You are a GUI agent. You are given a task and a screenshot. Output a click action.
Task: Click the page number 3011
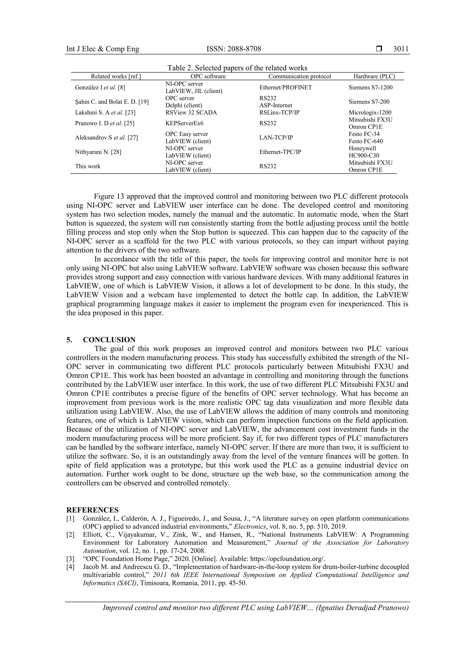click(401, 49)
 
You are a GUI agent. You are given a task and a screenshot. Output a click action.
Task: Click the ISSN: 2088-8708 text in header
click(234, 49)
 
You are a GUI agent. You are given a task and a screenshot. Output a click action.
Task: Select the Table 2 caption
click(237, 68)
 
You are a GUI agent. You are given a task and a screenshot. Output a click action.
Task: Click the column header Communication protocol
click(299, 76)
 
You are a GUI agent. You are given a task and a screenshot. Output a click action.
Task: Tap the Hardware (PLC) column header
click(374, 76)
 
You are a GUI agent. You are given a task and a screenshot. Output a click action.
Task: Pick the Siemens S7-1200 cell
click(370, 87)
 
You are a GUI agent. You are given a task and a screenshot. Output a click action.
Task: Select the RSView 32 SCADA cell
click(191, 113)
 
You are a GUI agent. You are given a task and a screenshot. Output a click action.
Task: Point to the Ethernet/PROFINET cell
click(285, 87)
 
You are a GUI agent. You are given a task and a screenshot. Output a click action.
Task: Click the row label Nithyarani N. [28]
click(98, 152)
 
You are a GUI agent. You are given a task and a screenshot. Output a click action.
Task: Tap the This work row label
click(88, 166)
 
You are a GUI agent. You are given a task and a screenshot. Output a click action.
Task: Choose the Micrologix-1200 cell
click(370, 113)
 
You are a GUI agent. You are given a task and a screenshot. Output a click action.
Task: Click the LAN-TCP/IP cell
click(276, 137)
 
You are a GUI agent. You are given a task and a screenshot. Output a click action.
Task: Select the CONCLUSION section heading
click(109, 340)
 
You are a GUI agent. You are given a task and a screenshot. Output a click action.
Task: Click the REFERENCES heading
click(92, 510)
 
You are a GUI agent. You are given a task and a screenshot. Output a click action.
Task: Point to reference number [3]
click(70, 559)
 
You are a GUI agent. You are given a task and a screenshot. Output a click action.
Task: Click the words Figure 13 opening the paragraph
click(109, 197)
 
